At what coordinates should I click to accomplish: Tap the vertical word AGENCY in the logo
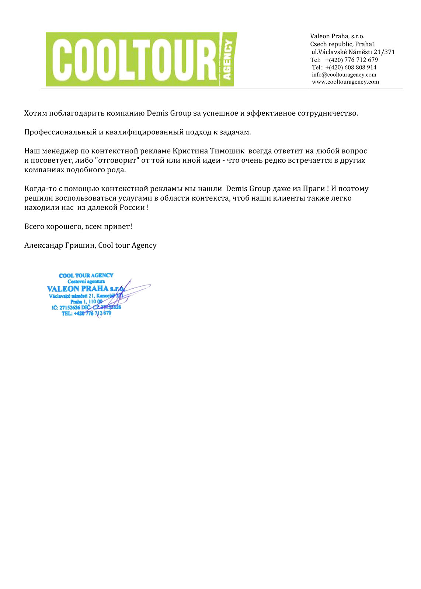click(227, 60)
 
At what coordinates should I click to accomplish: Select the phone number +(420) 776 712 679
click(351, 60)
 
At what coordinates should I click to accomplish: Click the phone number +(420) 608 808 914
click(351, 67)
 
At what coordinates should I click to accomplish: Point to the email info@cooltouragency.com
click(344, 75)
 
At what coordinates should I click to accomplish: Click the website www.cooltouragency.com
click(345, 82)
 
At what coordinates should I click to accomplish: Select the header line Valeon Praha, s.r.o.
click(337, 36)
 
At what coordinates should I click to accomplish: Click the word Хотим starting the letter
click(36, 113)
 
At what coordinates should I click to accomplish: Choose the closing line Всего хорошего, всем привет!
click(78, 227)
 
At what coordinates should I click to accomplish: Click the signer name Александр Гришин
click(60, 246)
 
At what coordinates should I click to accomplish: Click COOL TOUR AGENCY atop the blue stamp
click(86, 275)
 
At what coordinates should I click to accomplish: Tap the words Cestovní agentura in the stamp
click(86, 281)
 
